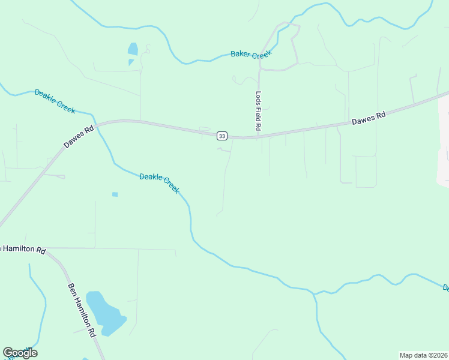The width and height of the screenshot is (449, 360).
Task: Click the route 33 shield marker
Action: point(222,136)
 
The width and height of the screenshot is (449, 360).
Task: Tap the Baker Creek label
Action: point(252,55)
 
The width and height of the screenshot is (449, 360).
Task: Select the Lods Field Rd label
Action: point(259,111)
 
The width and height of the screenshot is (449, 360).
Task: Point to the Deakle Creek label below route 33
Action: point(159,183)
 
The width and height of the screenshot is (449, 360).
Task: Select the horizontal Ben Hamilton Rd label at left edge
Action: point(23,249)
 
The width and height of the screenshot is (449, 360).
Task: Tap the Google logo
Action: point(20,353)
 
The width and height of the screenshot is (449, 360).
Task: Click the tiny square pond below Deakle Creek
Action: point(115,194)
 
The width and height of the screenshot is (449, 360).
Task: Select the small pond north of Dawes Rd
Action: point(133,49)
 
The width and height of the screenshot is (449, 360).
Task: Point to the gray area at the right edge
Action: point(444,144)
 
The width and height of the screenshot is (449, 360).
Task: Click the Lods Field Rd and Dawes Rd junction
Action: point(259,137)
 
